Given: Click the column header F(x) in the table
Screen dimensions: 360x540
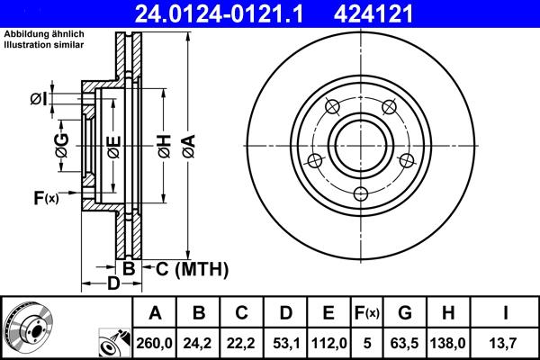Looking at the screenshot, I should click(x=367, y=312).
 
